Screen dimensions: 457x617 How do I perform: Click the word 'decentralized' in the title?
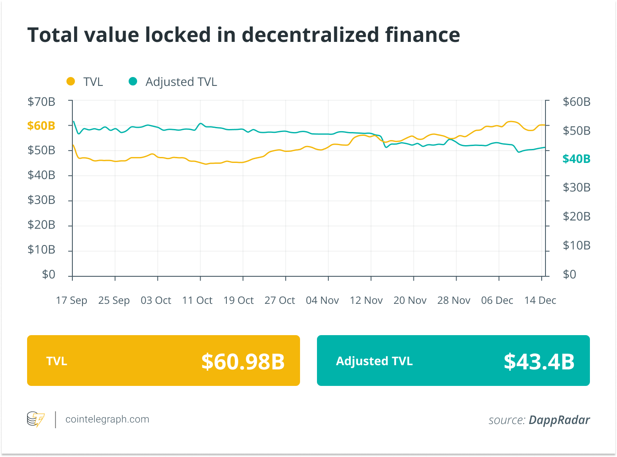pos(310,35)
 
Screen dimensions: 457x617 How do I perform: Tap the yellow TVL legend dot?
pos(71,81)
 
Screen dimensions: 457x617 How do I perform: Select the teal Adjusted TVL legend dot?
pos(133,81)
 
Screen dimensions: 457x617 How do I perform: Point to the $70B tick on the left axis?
pos(41,102)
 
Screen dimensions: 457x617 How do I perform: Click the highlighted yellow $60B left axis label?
pos(41,126)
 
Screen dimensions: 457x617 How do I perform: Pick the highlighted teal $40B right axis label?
pos(576,159)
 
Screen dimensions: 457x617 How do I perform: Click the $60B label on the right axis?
pos(576,102)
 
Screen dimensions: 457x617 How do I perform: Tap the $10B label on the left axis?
pos(41,250)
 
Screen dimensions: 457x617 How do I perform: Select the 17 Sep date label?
pos(72,300)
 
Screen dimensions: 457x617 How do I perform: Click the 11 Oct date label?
pos(197,300)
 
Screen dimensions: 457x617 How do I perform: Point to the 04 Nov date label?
pos(322,300)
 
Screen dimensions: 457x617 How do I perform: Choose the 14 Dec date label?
pos(540,300)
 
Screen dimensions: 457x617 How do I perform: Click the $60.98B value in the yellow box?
pos(243,361)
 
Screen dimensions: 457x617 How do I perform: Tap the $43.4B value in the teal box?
pos(539,361)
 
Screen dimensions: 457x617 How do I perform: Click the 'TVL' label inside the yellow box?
pos(57,361)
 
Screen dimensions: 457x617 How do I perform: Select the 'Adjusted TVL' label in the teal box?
pos(374,361)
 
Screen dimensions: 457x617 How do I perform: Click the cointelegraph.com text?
pos(107,419)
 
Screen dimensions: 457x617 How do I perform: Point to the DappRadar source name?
pos(559,420)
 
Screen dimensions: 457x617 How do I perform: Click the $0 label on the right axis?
pos(570,275)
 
